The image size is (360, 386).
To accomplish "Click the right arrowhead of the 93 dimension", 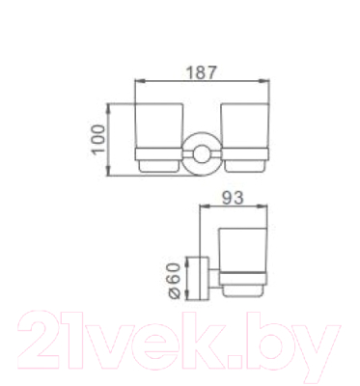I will point(267,210).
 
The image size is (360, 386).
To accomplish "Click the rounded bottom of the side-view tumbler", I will point(245,290).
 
